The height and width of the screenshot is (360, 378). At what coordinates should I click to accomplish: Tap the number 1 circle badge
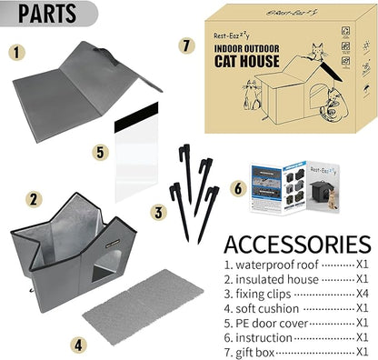click(x=19, y=52)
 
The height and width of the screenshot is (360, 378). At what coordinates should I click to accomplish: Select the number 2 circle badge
click(x=33, y=198)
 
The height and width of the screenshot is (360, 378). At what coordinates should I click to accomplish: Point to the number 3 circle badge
click(x=160, y=213)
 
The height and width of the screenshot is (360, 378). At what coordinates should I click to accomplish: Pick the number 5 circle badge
click(x=101, y=153)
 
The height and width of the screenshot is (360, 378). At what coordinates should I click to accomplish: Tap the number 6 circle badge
click(x=239, y=188)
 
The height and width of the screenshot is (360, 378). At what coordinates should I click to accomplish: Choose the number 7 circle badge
click(x=187, y=45)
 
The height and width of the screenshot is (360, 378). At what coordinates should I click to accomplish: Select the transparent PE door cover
click(x=139, y=155)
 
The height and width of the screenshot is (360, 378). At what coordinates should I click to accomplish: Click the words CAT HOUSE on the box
click(x=244, y=63)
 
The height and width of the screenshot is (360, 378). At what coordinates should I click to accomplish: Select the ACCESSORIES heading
click(x=296, y=245)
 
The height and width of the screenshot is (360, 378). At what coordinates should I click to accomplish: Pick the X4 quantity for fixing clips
click(x=362, y=294)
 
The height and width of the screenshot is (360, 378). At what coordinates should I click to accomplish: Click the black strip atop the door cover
click(x=138, y=115)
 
